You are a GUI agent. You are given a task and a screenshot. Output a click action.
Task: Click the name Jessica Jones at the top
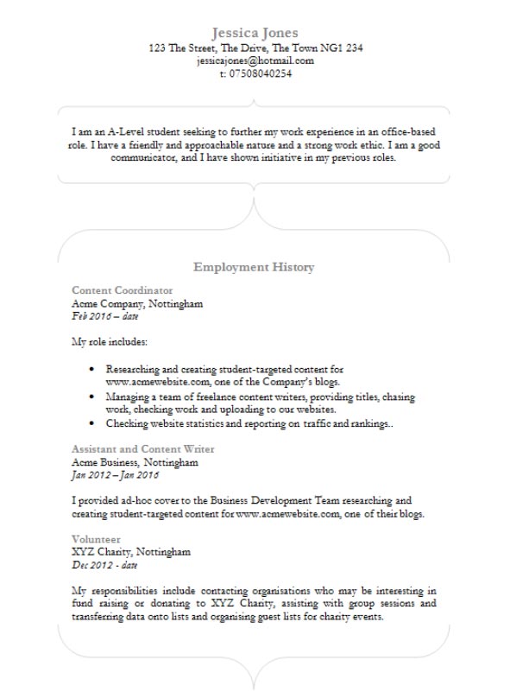coord(255,33)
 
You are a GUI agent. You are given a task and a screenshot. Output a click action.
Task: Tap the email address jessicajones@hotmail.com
coord(255,61)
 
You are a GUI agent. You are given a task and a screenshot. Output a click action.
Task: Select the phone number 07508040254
coord(261,74)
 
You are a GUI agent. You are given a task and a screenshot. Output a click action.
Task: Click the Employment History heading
coord(254,268)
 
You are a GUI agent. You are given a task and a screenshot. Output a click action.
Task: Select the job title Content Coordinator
coord(122,290)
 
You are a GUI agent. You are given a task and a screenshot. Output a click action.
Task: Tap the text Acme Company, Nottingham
coord(137,304)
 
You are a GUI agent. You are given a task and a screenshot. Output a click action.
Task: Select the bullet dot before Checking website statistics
coord(91,424)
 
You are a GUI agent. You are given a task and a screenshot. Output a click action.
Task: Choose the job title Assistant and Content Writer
coord(143,449)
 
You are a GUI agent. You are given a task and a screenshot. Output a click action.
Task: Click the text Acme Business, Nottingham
coord(135,462)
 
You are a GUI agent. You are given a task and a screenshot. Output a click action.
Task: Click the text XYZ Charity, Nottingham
coord(131,552)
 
